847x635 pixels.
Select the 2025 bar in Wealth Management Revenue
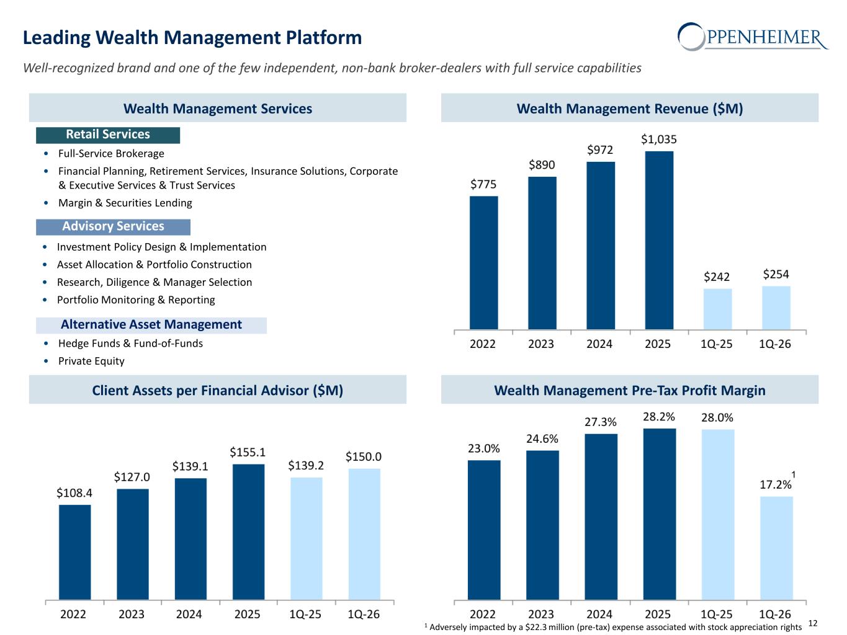point(659,240)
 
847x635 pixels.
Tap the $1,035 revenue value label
point(659,139)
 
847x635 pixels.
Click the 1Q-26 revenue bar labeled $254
point(776,308)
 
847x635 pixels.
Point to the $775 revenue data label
point(483,184)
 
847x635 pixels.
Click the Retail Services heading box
point(108,135)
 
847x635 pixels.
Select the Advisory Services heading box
point(113,227)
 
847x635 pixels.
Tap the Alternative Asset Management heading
point(151,325)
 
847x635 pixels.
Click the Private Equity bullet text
point(91,361)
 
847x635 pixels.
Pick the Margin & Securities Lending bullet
point(125,203)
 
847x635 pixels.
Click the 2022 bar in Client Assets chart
point(75,552)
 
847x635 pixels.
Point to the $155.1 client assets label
point(248,452)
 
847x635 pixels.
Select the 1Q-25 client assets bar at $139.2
point(306,538)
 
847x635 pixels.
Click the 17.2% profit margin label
point(775,484)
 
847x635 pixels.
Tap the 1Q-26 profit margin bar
point(776,548)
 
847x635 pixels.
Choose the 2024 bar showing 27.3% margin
point(601,517)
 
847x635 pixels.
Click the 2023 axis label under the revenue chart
point(540,344)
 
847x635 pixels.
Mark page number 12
point(813,623)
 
